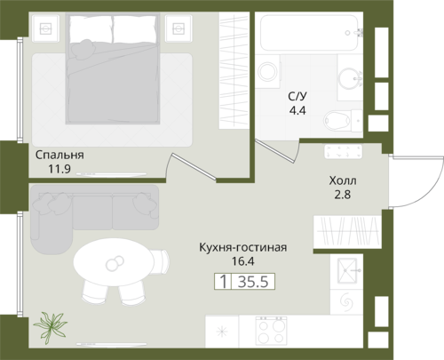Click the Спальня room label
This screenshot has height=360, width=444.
[59, 156]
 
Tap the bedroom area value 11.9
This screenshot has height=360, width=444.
[59, 169]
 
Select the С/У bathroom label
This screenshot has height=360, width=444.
[297, 96]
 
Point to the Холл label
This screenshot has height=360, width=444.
[343, 180]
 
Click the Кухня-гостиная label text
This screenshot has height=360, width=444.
[243, 247]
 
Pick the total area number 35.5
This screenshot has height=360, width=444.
[253, 281]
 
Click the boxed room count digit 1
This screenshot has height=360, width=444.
[224, 281]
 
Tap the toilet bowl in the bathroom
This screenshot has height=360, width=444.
[337, 121]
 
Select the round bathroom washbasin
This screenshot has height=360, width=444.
[349, 78]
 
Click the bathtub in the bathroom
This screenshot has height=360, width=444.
[309, 33]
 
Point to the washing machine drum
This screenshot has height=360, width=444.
[268, 71]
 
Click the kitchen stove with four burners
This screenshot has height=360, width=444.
[271, 331]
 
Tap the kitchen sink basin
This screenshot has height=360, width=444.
[347, 271]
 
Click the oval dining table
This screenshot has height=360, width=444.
[114, 262]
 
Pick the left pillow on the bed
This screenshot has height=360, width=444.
[91, 28]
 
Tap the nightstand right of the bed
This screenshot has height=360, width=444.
[178, 28]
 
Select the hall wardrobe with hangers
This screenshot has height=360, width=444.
[347, 232]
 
